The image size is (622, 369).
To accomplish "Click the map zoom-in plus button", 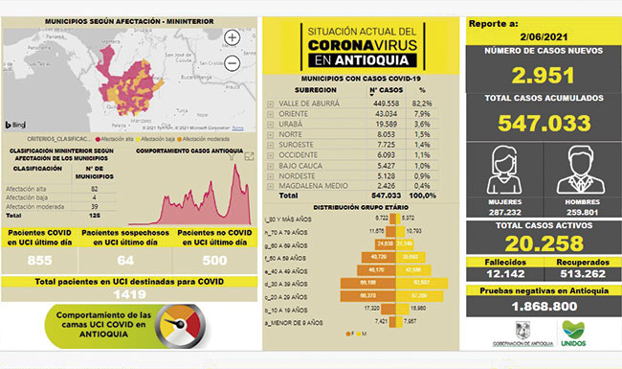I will [233, 38].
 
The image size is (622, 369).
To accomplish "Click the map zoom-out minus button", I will [233, 63].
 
